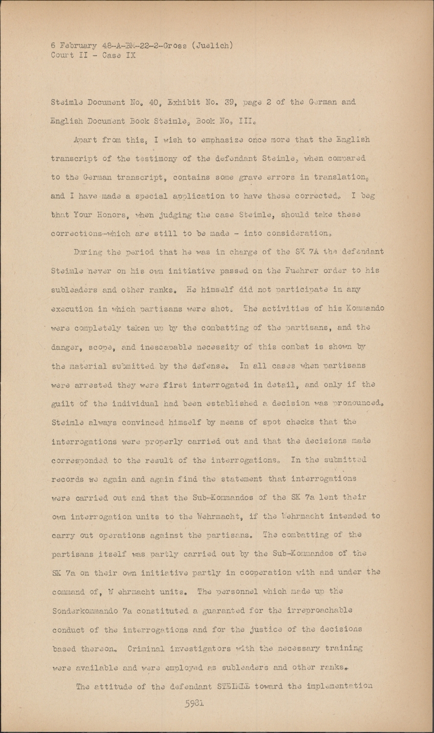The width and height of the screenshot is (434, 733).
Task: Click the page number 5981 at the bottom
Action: pos(194,704)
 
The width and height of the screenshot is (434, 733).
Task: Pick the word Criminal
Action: pos(148,649)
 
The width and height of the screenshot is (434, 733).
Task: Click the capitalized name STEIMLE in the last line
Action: pos(236,687)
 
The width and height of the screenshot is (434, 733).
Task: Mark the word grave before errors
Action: pos(250,177)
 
